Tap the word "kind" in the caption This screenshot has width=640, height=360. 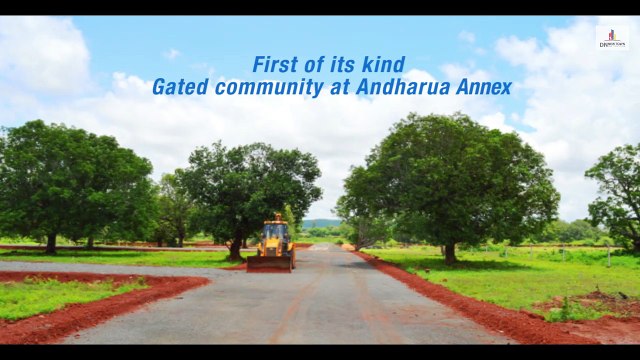pyautogui.click(x=390, y=65)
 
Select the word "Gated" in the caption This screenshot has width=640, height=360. pyautogui.click(x=177, y=87)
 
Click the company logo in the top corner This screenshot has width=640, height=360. pyautogui.click(x=611, y=38)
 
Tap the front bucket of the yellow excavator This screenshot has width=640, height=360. pyautogui.click(x=270, y=263)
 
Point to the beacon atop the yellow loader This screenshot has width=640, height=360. pyautogui.click(x=276, y=215)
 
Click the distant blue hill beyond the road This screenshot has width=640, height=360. pyautogui.click(x=322, y=223)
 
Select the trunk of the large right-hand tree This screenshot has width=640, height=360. pyautogui.click(x=450, y=252)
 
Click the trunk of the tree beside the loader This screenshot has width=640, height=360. pyautogui.click(x=236, y=246)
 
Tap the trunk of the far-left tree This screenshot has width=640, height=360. pyautogui.click(x=51, y=243)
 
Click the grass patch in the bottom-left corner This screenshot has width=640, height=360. pyautogui.click(x=60, y=295)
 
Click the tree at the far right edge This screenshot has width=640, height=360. pyautogui.click(x=618, y=195)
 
